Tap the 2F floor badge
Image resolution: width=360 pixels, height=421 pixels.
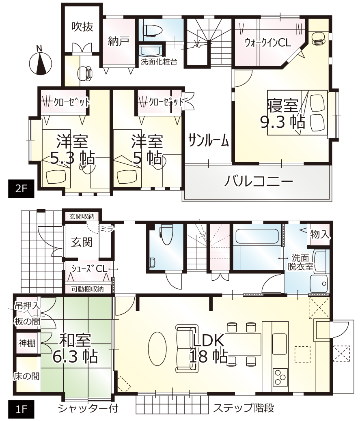click(21, 189)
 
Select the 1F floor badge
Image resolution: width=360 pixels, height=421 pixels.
click(21, 410)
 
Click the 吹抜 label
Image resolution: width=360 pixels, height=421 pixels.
click(82, 26)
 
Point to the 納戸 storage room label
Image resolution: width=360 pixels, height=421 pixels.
click(119, 41)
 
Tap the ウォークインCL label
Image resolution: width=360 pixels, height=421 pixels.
click(267, 43)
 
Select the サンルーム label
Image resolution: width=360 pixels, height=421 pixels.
click(208, 140)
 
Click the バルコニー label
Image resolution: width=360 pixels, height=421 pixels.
click(259, 182)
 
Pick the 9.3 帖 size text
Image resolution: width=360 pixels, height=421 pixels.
click(282, 122)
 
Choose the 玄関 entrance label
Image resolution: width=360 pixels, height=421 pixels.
click(82, 242)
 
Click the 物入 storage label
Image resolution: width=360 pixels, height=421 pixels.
click(319, 234)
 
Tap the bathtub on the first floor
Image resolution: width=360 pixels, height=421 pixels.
click(257, 236)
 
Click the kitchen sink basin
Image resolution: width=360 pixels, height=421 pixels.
click(280, 341)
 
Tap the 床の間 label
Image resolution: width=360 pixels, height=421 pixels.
click(26, 376)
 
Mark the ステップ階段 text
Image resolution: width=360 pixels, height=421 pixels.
click(244, 408)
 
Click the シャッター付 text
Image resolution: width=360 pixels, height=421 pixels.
click(88, 408)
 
